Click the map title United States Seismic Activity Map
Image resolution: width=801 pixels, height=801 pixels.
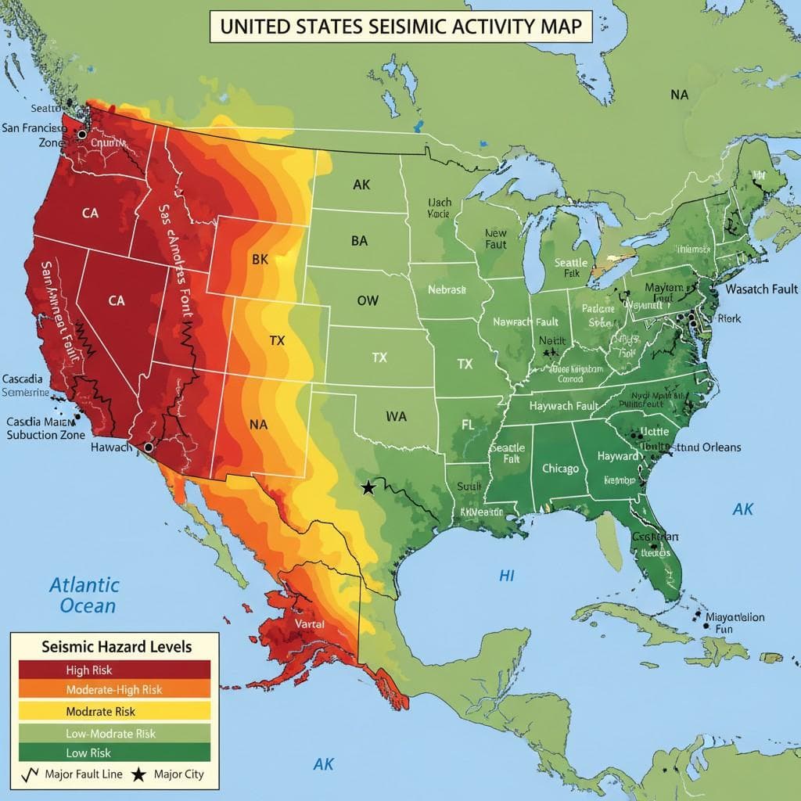pos(400,26)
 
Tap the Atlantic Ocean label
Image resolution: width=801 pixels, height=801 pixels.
pos(84,594)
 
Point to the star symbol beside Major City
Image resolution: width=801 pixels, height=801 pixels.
pos(138,775)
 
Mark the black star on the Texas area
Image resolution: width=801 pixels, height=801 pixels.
pos(368,487)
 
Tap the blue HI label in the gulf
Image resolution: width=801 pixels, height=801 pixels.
pos(507,575)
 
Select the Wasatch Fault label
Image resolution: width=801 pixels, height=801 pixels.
pos(761,289)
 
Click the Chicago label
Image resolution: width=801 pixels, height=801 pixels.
pos(560,469)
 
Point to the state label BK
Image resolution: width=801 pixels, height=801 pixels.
pos(260,260)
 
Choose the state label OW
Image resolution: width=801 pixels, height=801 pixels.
pos(368,300)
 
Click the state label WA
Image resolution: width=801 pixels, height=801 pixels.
pos(397,417)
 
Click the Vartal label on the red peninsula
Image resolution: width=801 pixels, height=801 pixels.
pos(316,624)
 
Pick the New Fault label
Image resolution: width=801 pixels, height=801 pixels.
pos(496,239)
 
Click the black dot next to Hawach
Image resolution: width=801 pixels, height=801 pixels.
pos(148,447)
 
